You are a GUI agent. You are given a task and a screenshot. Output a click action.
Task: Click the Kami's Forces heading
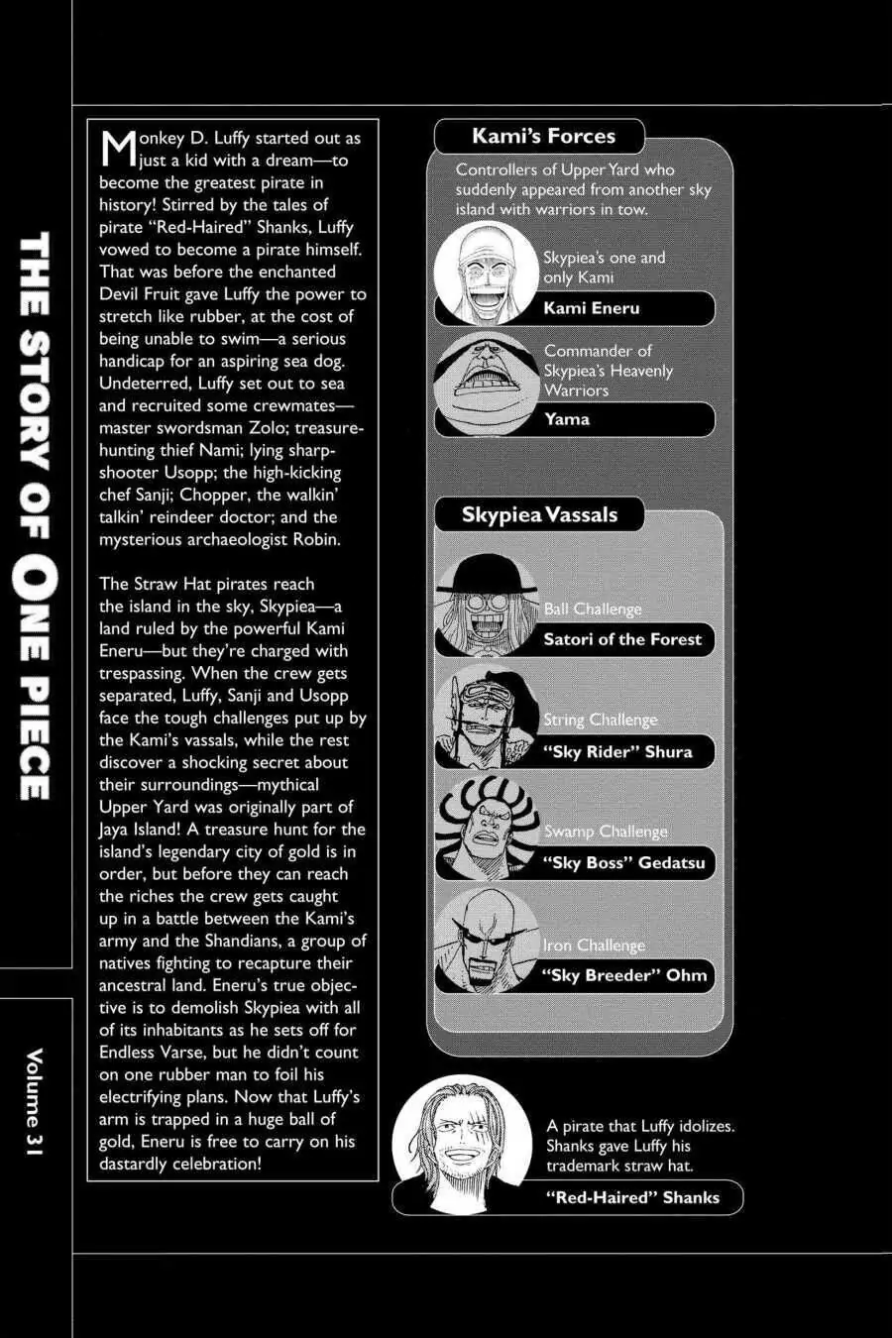[x=543, y=136]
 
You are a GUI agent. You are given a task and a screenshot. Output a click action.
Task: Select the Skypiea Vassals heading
[x=539, y=514]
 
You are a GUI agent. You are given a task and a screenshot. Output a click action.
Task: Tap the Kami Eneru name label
[x=592, y=308]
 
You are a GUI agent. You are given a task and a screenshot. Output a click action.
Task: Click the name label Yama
[x=567, y=419]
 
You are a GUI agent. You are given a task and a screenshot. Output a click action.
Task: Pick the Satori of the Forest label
[x=622, y=639]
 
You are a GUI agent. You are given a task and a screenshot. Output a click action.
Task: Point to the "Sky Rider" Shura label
[x=617, y=751]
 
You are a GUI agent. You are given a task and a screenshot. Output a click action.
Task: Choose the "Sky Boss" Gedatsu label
[x=623, y=862]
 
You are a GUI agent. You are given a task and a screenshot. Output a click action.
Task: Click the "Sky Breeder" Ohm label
[x=624, y=975]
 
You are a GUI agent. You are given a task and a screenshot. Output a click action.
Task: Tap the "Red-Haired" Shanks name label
[x=632, y=1197]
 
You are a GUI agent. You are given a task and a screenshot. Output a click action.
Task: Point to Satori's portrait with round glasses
[x=486, y=605]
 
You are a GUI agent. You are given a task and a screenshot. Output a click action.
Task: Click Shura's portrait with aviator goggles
[x=486, y=716]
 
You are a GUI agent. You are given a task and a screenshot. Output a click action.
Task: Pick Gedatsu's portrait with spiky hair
[x=486, y=828]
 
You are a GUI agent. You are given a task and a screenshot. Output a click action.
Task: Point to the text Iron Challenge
[x=594, y=946]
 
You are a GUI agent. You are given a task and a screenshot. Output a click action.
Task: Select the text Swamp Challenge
[x=606, y=832]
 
